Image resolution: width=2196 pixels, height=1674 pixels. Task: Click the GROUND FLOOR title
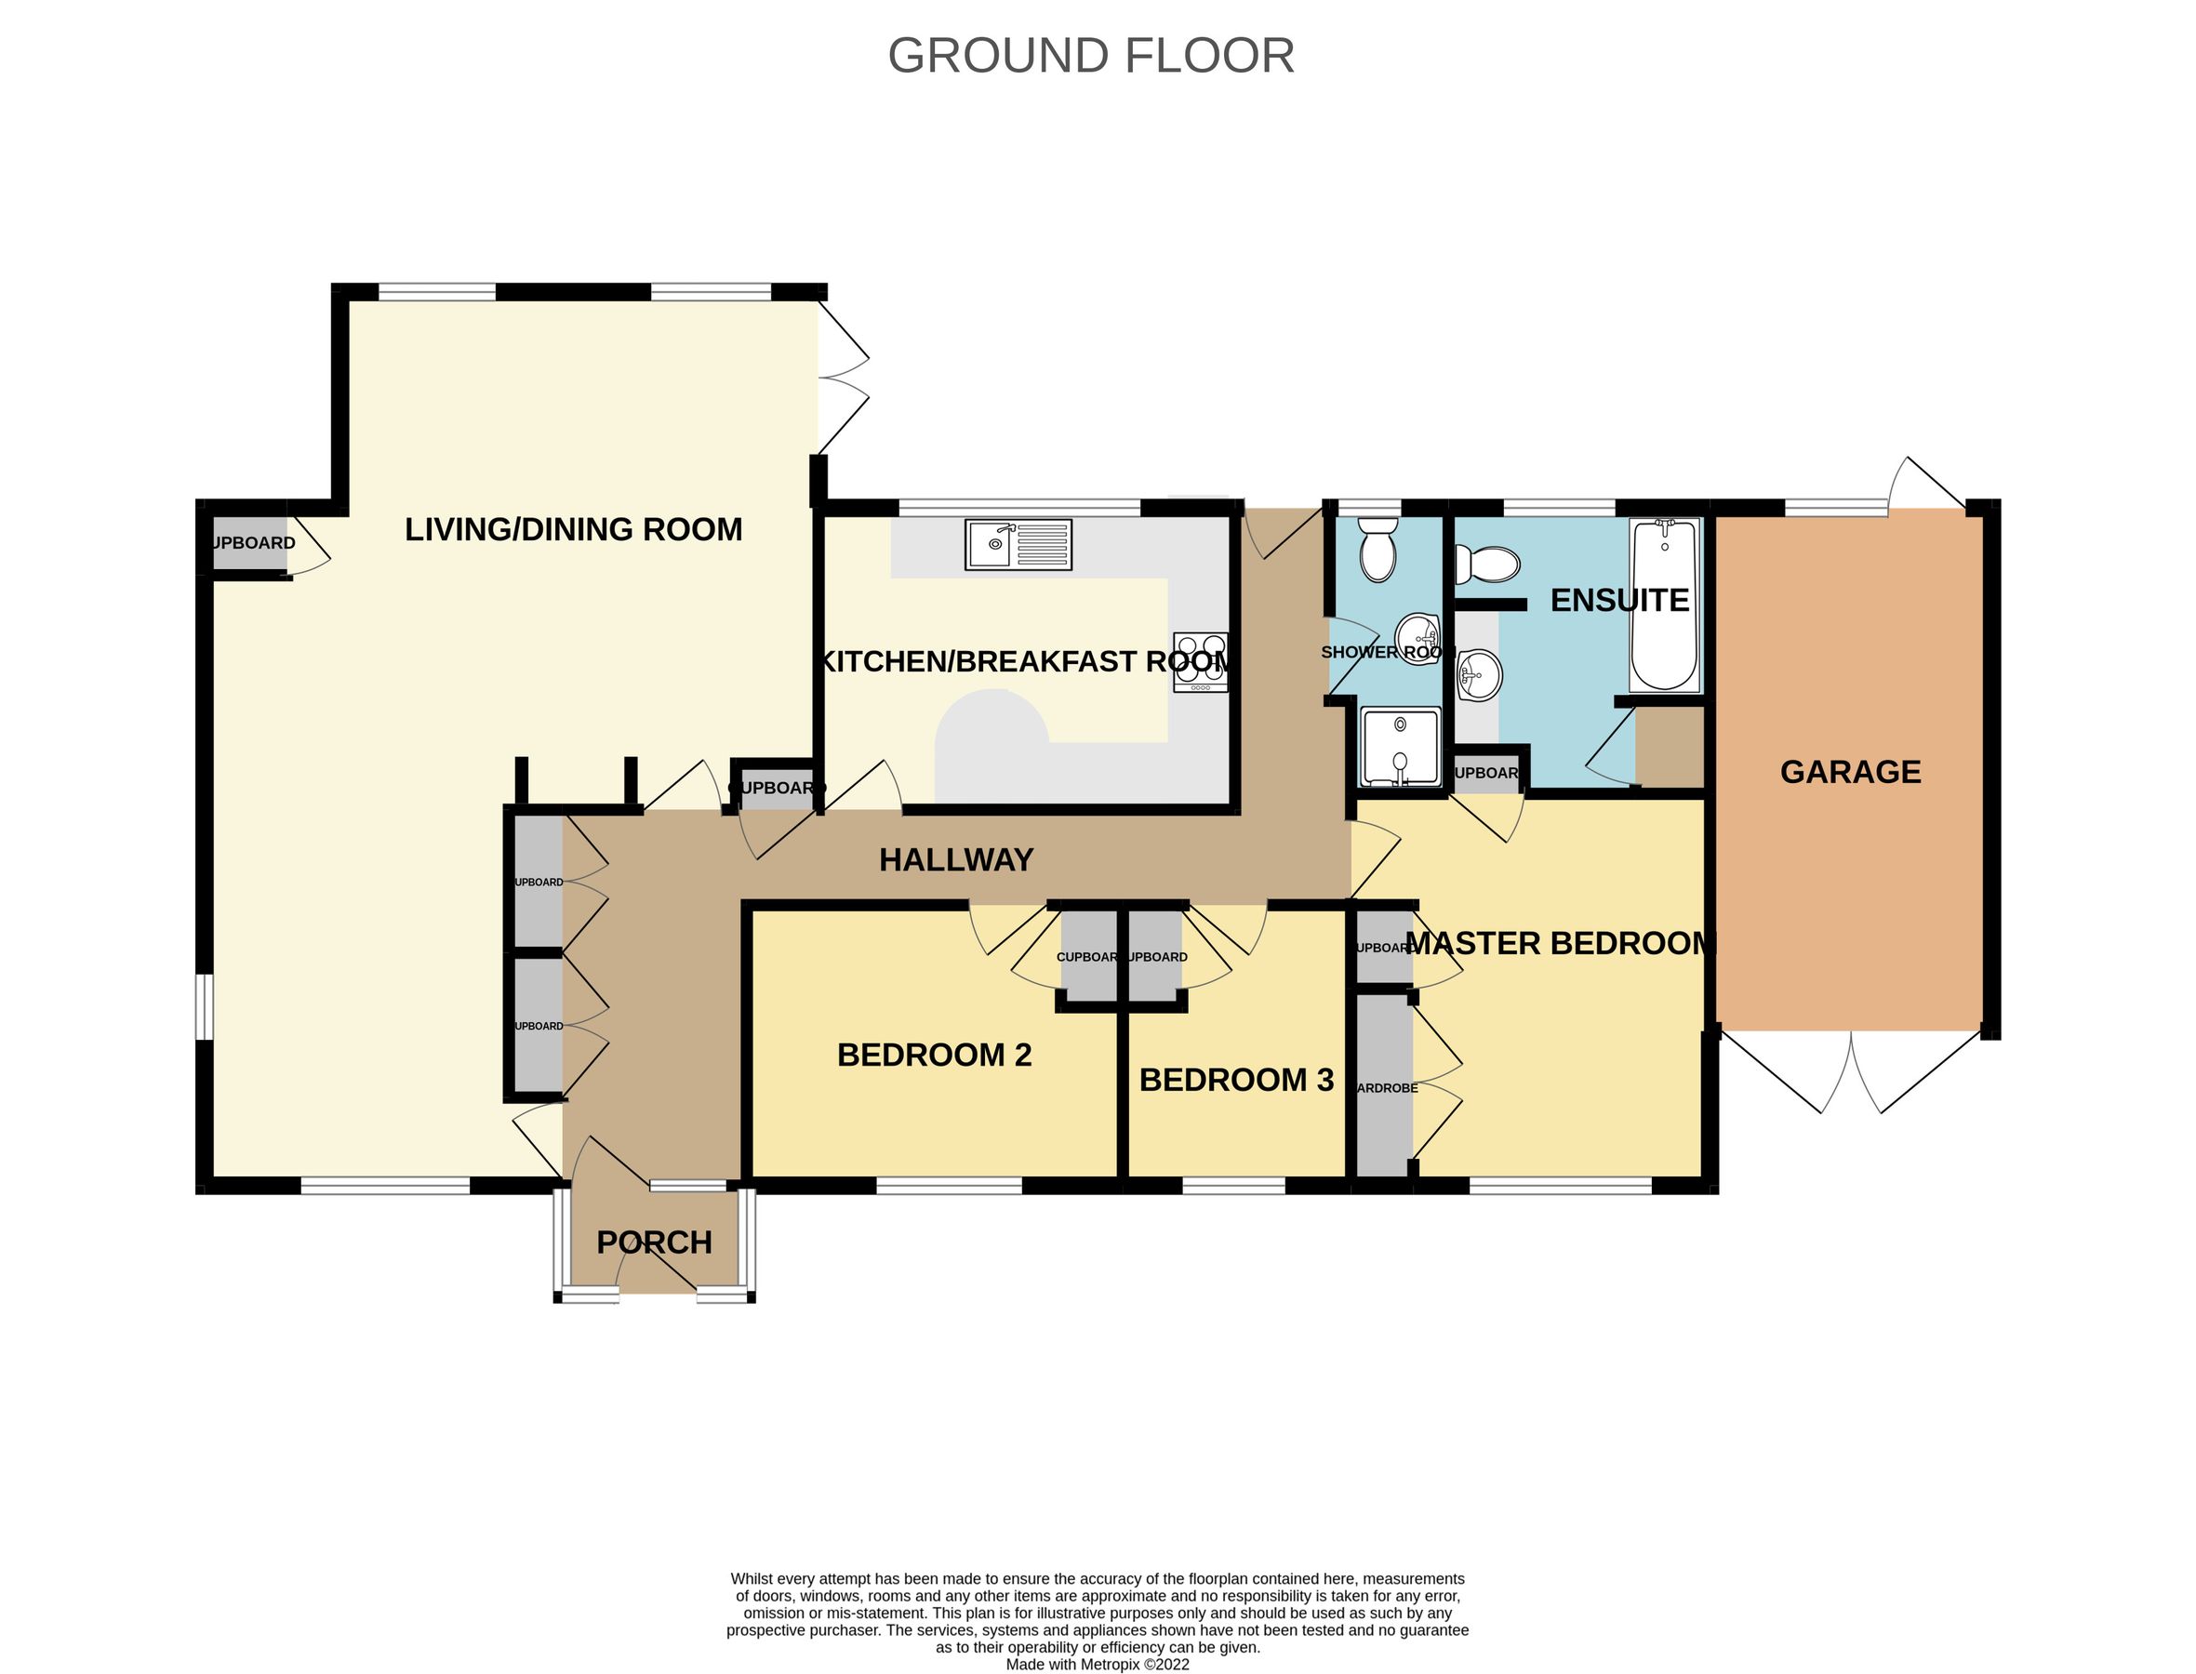(x=1091, y=56)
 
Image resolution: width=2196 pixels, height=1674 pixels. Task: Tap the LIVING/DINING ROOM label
(x=573, y=529)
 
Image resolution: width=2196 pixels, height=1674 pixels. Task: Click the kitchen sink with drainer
(x=1018, y=544)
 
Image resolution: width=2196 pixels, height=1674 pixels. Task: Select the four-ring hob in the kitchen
(x=1200, y=661)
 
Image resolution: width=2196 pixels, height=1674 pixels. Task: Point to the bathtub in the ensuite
(x=1664, y=604)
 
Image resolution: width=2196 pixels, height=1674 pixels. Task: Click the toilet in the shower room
(x=1379, y=549)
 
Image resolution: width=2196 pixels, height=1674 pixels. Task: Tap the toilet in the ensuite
(x=1487, y=564)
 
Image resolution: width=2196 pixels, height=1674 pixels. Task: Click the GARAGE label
(x=1850, y=772)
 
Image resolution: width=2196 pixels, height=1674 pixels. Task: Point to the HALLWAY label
(x=955, y=860)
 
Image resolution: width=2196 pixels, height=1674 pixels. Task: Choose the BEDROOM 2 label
(x=934, y=1056)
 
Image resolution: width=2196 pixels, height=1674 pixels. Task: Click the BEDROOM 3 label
(x=1235, y=1080)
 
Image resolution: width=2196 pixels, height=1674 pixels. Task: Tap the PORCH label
(x=654, y=1242)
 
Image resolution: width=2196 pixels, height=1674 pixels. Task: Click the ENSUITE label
(x=1619, y=601)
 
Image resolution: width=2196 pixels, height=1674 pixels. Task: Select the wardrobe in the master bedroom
(x=1385, y=1086)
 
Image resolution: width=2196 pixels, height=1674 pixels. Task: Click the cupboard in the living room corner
(x=251, y=543)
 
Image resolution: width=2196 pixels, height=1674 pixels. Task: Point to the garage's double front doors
(x=1851, y=1074)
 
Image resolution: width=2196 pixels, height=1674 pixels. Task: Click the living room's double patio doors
(x=843, y=378)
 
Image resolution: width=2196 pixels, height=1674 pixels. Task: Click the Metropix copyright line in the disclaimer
(x=1097, y=1664)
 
